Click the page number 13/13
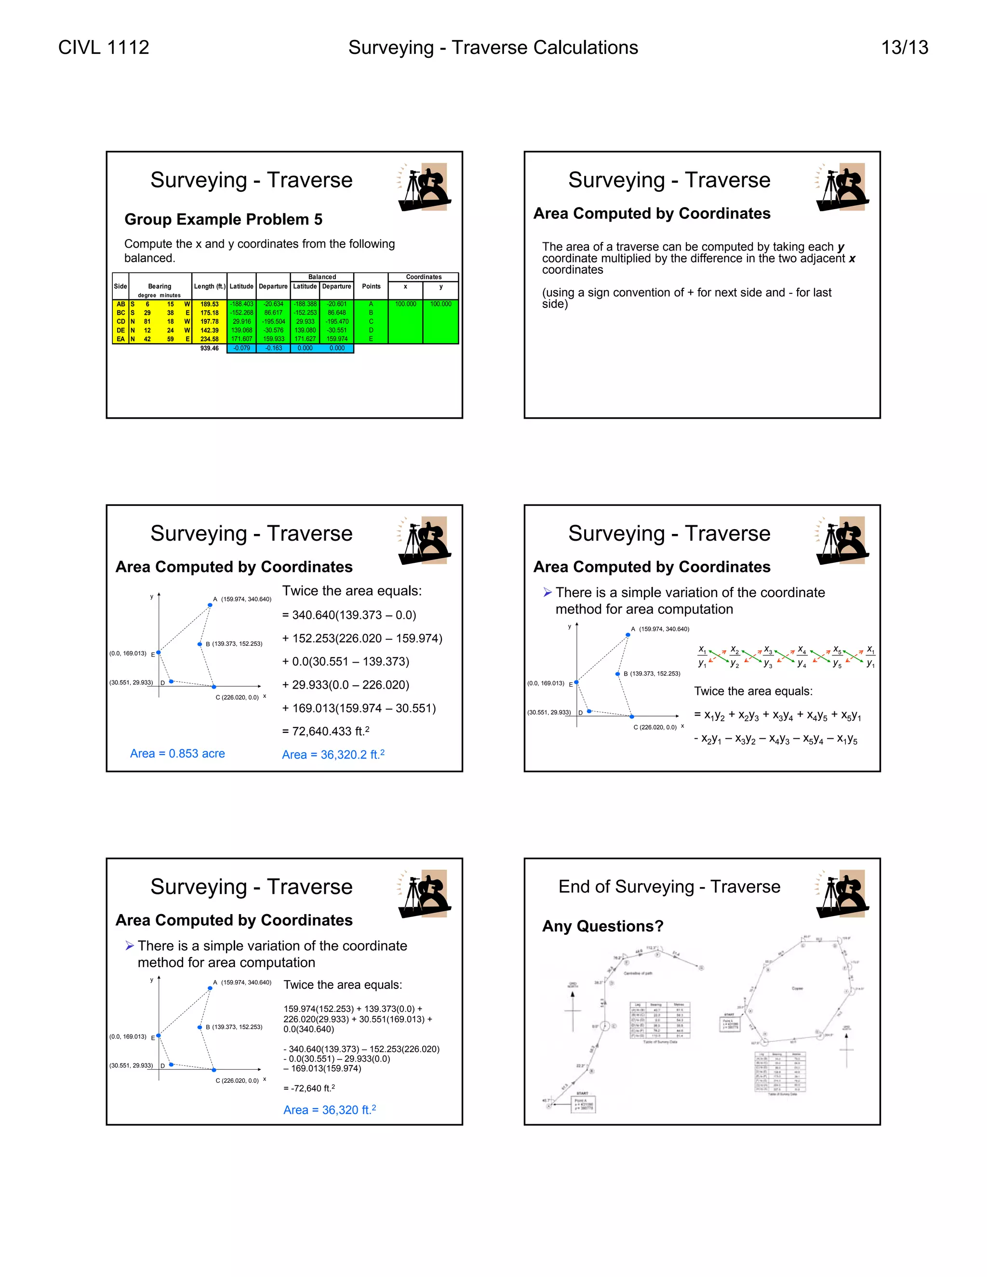(904, 47)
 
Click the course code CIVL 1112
(104, 47)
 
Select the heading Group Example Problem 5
(223, 219)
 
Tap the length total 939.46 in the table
(209, 348)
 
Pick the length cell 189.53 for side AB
(209, 304)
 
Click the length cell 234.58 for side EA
(209, 339)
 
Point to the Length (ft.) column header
(209, 287)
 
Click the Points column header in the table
(371, 287)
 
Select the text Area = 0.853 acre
(177, 754)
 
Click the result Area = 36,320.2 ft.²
(333, 754)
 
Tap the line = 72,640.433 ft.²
(325, 732)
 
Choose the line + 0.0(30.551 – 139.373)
(345, 661)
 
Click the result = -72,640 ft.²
(309, 1088)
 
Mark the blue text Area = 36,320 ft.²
(329, 1110)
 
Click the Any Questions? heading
(602, 926)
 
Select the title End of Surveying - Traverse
(669, 886)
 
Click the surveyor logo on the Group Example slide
(425, 187)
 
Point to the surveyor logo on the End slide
(842, 894)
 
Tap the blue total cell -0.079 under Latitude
(241, 348)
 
